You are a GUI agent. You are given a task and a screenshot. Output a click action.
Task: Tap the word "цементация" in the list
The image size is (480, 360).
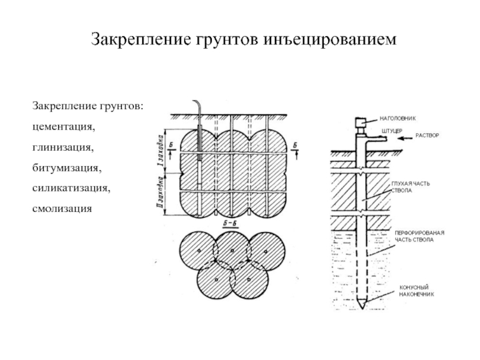coord(64,128)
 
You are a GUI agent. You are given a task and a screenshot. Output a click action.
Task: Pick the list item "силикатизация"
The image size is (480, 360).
coord(71,187)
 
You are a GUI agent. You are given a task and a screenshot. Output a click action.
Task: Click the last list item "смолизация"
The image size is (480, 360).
coord(62,208)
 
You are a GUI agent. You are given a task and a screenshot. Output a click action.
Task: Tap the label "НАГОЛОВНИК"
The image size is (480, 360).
coord(399,118)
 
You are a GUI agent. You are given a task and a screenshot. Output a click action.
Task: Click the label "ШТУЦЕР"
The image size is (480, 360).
coord(391,130)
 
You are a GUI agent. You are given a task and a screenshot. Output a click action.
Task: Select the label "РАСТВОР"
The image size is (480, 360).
coord(428,136)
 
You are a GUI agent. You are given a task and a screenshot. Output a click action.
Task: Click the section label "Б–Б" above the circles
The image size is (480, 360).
coord(230,225)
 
